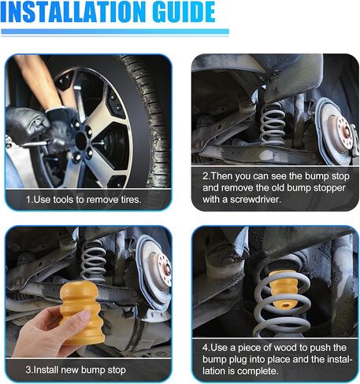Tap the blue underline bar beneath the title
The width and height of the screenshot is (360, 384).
115,32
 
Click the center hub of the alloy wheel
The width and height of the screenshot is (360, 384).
81,141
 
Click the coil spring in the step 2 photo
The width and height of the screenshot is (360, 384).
272,124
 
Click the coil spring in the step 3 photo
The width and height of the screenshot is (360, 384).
93,261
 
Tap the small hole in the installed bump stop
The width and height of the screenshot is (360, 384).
286,305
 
